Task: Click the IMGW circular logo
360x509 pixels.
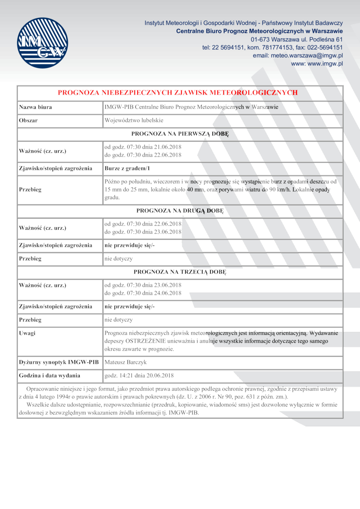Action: point(42,43)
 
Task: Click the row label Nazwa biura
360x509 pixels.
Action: point(36,107)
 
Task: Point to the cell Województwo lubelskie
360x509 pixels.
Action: point(134,121)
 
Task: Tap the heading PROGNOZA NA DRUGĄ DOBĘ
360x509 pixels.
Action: point(180,210)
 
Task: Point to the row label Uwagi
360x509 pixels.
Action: point(27,333)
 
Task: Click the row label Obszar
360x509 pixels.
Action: point(28,121)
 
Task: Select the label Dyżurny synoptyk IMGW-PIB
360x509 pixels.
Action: point(58,362)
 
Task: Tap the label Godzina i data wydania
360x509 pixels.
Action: point(49,375)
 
